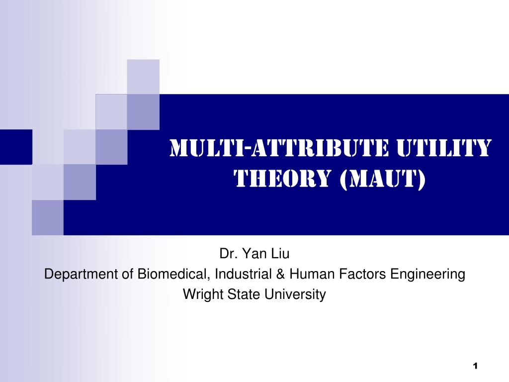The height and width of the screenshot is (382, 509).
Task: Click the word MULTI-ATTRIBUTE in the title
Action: [x=279, y=148]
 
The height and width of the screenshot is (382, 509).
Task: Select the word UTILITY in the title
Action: [x=444, y=148]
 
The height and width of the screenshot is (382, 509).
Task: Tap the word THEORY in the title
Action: [x=282, y=179]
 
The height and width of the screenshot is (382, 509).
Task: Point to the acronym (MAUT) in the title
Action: [x=383, y=179]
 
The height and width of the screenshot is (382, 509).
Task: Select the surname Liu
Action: [x=280, y=253]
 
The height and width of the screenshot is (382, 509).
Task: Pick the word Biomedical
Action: [x=172, y=274]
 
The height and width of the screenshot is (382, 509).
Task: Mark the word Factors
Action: [x=362, y=274]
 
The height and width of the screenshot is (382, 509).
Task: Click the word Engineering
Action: [x=427, y=275]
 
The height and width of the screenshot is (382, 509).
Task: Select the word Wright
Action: [x=203, y=294]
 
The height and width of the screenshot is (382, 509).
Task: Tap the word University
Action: [x=295, y=294]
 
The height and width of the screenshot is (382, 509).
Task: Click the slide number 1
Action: [x=475, y=366]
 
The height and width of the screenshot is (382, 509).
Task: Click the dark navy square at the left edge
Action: [x=16, y=147]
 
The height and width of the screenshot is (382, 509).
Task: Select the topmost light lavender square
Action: [x=143, y=77]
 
